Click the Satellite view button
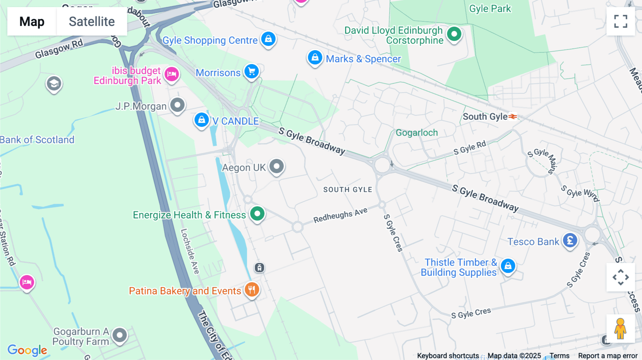[92, 21]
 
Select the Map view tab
[32, 21]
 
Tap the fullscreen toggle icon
[621, 21]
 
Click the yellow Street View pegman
[620, 329]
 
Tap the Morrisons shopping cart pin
[252, 71]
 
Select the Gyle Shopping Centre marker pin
[268, 38]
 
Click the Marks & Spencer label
[363, 59]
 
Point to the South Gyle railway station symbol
[513, 117]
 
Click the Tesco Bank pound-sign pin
[570, 241]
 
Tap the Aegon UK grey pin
[276, 166]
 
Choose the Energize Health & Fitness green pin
[257, 214]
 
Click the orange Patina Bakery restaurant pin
[252, 289]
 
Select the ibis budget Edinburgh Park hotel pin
[172, 74]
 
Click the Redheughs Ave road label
[340, 215]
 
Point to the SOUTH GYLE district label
[347, 190]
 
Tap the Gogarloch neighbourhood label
[417, 133]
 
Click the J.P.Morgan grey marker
[177, 105]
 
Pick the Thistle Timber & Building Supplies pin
[508, 266]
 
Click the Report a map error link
[607, 355]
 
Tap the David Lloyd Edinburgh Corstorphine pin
[454, 34]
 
